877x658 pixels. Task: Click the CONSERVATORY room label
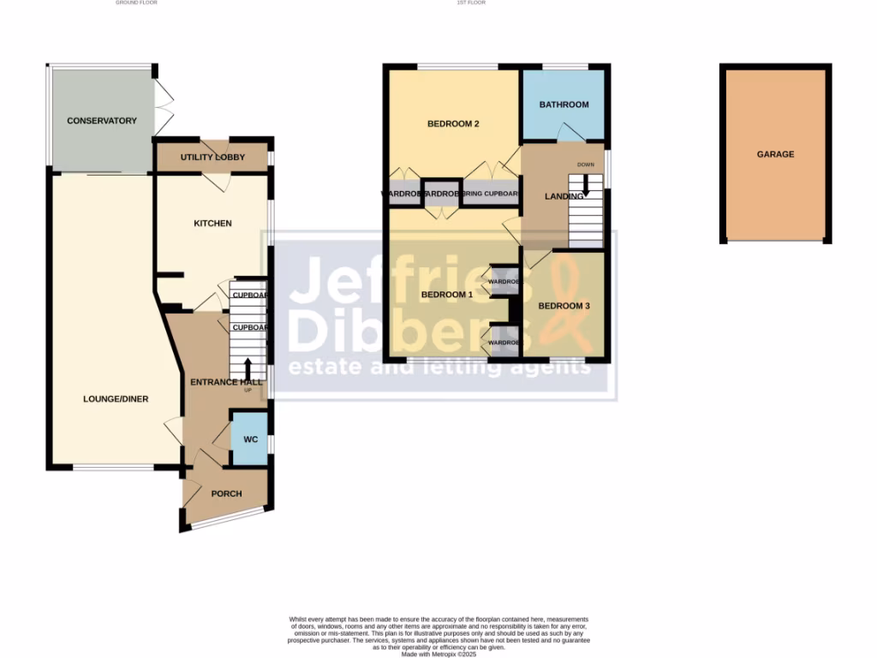pyautogui.click(x=102, y=121)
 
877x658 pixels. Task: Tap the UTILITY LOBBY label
pyautogui.click(x=212, y=158)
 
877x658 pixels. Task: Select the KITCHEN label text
pyautogui.click(x=212, y=224)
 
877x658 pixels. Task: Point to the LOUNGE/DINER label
pyautogui.click(x=116, y=399)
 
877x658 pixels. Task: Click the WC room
pyautogui.click(x=251, y=440)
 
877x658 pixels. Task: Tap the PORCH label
pyautogui.click(x=226, y=493)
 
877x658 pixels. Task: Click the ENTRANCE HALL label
pyautogui.click(x=225, y=382)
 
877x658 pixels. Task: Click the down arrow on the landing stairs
pyautogui.click(x=587, y=184)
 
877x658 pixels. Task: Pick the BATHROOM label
pyautogui.click(x=564, y=105)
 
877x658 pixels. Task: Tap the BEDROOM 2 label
pyautogui.click(x=453, y=124)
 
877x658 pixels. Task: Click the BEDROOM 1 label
pyautogui.click(x=447, y=295)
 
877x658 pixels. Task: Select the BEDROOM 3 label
pyautogui.click(x=564, y=306)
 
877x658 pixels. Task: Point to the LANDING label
pyautogui.click(x=564, y=196)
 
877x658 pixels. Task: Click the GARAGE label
pyautogui.click(x=775, y=155)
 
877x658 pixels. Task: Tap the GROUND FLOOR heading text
pyautogui.click(x=136, y=3)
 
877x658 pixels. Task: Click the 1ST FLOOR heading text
pyautogui.click(x=471, y=3)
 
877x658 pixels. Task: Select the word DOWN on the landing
pyautogui.click(x=586, y=164)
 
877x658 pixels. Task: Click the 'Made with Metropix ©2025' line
pyautogui.click(x=438, y=654)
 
